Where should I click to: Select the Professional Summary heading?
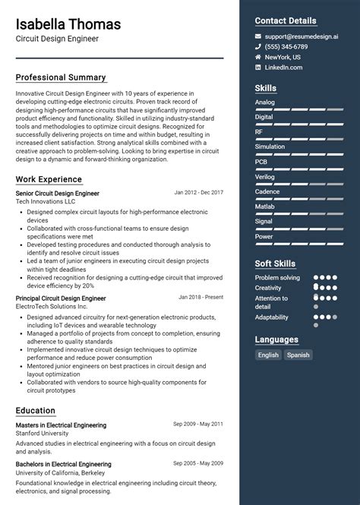[x=61, y=77]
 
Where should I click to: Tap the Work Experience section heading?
[x=49, y=179]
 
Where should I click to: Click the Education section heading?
[x=36, y=410]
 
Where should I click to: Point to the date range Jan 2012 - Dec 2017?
[x=198, y=193]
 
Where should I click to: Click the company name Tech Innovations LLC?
[x=46, y=202]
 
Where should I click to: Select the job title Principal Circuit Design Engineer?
[x=61, y=298]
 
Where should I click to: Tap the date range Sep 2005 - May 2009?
[x=197, y=462]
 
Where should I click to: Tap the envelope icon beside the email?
[x=258, y=36]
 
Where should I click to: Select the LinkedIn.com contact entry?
[x=285, y=68]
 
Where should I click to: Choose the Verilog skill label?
[x=265, y=176]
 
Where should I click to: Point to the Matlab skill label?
[x=265, y=206]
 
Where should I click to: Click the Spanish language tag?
[x=298, y=355]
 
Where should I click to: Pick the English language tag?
[x=268, y=355]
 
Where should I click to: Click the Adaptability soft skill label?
[x=272, y=317]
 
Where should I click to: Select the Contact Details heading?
[x=285, y=21]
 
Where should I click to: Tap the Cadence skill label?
[x=267, y=191]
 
